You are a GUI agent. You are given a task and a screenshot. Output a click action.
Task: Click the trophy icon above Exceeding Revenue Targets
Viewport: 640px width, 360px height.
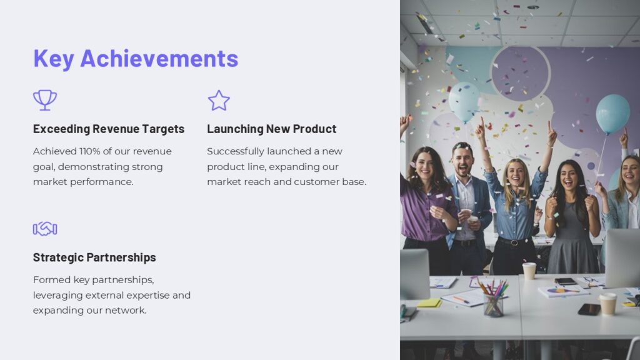click(44, 100)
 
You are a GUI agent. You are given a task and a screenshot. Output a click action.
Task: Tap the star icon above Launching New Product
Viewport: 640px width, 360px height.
click(219, 101)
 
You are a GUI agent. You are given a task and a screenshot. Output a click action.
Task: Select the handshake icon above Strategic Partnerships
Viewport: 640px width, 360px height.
click(45, 229)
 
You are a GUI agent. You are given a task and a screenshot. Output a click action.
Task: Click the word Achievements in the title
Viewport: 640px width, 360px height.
click(159, 58)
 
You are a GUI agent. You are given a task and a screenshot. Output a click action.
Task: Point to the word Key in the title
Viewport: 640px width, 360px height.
click(54, 58)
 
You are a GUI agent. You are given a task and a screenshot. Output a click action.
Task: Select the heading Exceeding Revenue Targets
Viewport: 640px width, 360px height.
click(109, 129)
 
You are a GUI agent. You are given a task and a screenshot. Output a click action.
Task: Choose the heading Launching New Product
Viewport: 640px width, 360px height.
click(271, 129)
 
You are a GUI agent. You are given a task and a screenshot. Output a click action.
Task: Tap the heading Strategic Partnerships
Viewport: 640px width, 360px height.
click(94, 257)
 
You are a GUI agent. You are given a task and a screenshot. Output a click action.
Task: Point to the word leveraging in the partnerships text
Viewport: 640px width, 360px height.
click(58, 295)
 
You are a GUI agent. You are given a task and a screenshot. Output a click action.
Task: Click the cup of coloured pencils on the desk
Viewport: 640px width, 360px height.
click(493, 300)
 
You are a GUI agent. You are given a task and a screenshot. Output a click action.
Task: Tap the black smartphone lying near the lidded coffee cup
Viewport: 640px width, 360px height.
click(589, 309)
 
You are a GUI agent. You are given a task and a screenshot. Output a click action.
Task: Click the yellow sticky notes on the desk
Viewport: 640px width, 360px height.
click(429, 303)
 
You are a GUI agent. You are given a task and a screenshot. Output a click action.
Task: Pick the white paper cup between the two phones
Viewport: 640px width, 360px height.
click(529, 270)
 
